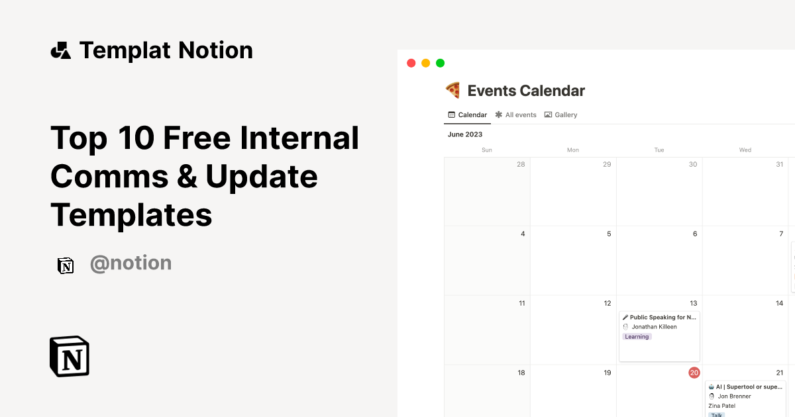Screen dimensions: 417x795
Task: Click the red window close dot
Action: pos(411,63)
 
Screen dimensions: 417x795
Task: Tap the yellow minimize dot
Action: pos(425,63)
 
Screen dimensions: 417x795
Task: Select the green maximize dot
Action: pos(440,63)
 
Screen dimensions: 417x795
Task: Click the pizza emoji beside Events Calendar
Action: pos(453,91)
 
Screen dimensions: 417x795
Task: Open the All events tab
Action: pos(516,115)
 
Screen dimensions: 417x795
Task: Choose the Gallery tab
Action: pos(561,115)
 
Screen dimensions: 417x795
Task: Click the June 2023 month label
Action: pos(465,134)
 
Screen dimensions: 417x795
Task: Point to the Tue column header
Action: pos(659,150)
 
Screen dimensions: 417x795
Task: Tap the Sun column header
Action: pos(487,150)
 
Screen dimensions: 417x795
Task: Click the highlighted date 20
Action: pos(694,373)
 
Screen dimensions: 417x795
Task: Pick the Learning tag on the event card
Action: pos(637,336)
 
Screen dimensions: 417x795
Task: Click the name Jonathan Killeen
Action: pos(654,327)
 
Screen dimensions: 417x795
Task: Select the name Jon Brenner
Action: pos(734,396)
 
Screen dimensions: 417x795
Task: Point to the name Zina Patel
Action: pos(721,406)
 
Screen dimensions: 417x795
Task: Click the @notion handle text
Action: pos(131,263)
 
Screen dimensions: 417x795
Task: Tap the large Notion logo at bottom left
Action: pos(70,357)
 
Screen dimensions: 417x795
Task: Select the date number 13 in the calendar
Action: pos(694,303)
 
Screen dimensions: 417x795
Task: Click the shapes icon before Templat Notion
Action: pos(61,50)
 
